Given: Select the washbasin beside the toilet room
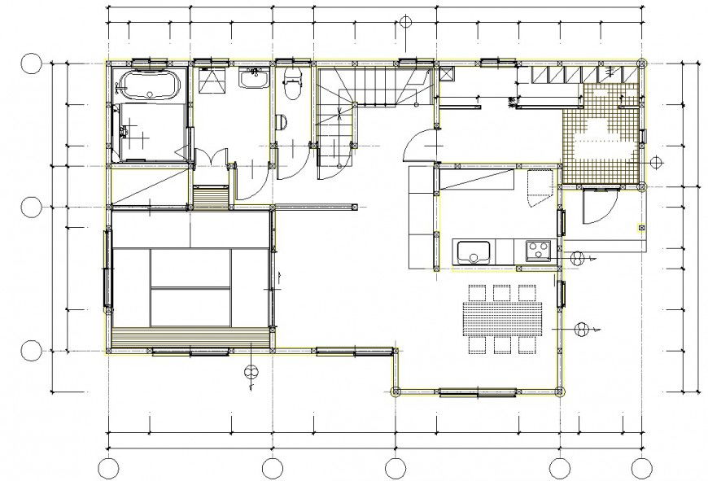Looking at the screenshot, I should tap(253, 78).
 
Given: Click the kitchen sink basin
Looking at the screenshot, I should tap(471, 252).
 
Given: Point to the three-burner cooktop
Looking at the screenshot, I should tap(537, 250).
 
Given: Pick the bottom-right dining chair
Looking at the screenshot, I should tap(527, 345).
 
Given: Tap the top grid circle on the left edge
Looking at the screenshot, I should tap(31, 64).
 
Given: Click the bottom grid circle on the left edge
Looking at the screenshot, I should tap(31, 351).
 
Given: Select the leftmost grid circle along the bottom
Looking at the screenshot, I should tap(108, 468).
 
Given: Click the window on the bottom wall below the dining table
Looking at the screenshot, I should tap(477, 392).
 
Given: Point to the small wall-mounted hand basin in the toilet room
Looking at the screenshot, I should tap(281, 122).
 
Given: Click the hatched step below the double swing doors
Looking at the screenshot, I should tap(211, 197).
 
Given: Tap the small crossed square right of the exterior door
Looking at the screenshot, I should tap(640, 227).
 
